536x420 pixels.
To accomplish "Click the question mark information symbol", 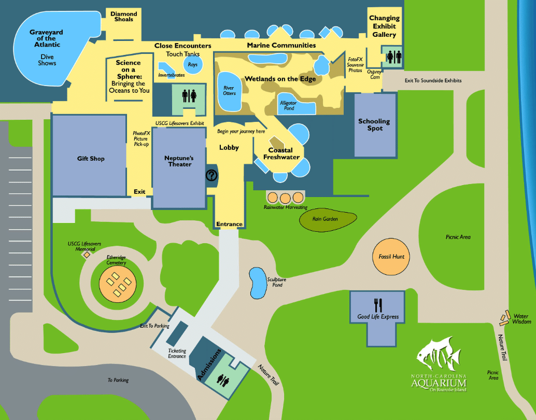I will [x=211, y=175].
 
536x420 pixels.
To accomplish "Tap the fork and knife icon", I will [x=378, y=305].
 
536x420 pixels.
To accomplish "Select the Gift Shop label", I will [x=91, y=159].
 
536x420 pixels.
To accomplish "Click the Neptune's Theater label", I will [x=178, y=161].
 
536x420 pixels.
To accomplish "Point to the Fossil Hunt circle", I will [x=391, y=257].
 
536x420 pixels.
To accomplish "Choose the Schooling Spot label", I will [x=374, y=125].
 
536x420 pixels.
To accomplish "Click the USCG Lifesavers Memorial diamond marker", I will [x=87, y=255].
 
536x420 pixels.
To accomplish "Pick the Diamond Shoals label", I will [x=124, y=17].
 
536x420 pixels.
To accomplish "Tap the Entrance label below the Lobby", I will [x=229, y=224].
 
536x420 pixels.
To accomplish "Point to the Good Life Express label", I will [x=378, y=317].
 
